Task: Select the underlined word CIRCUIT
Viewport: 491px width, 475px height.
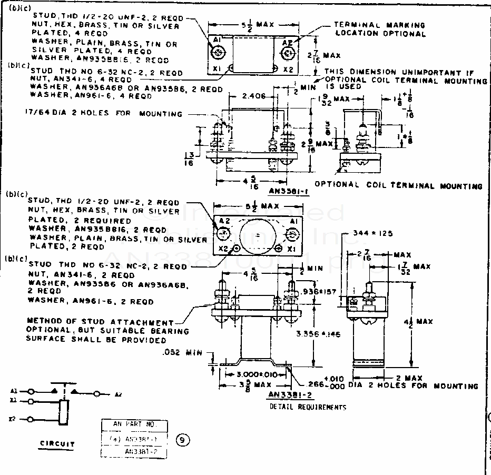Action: [57, 443]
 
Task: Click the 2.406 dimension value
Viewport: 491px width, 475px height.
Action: [253, 96]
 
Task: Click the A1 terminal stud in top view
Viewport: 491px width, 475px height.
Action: [217, 53]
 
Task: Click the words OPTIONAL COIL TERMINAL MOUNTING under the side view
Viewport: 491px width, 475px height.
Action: [398, 185]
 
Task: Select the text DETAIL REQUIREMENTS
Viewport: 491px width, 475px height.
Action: [308, 407]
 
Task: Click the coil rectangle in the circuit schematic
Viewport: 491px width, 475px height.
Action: [64, 412]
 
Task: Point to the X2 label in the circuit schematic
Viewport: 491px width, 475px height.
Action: [12, 420]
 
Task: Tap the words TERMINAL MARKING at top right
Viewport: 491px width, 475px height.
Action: [379, 25]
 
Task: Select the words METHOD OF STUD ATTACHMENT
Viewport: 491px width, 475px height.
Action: [100, 322]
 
